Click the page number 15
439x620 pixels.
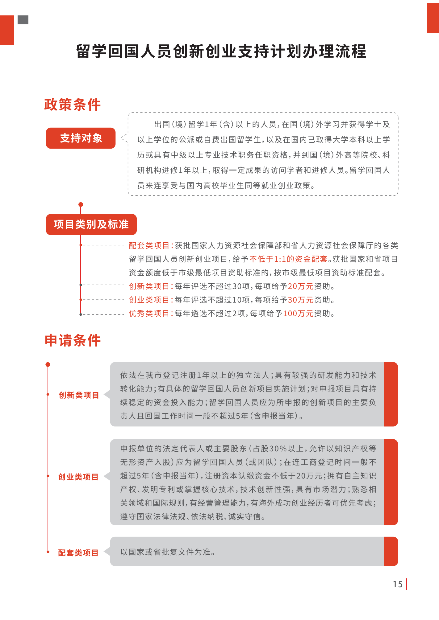tap(398, 584)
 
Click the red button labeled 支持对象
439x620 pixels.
tap(81, 138)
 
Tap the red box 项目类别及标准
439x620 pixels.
tap(91, 224)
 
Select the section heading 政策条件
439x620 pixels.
tap(73, 105)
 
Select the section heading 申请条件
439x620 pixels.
tap(73, 341)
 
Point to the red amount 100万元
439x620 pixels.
tap(298, 314)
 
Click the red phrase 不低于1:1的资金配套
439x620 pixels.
tap(288, 259)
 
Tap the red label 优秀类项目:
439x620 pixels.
tap(151, 314)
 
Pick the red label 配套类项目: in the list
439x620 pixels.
tap(151, 246)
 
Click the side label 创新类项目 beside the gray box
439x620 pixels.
tap(79, 395)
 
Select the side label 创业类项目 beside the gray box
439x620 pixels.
tap(78, 477)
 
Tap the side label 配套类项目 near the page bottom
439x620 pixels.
tap(78, 553)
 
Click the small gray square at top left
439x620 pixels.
tap(23, 20)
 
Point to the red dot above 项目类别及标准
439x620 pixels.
tap(81, 204)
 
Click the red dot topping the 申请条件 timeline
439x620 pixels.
tap(48, 365)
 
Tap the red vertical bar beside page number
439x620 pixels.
tap(407, 584)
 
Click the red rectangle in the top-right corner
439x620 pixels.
tap(433, 18)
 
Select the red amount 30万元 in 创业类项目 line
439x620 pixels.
tap(300, 300)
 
